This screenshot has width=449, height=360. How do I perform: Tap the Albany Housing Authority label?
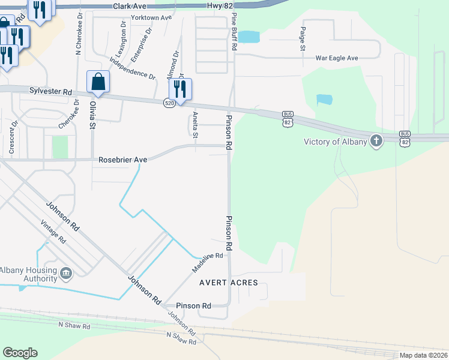(x=28, y=274)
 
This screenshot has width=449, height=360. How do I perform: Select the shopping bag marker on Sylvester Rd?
(x=98, y=82)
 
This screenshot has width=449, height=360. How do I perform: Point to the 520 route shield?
(x=169, y=103)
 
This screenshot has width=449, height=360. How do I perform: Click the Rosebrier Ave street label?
(x=122, y=160)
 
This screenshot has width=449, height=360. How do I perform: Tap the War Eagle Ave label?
(x=336, y=58)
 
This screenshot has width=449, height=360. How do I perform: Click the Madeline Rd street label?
(x=208, y=263)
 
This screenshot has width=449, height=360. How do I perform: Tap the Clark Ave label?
(x=130, y=5)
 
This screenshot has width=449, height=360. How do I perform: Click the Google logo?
(x=20, y=353)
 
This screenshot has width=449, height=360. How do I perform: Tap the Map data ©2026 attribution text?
(x=423, y=355)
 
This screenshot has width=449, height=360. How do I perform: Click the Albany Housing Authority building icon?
(x=66, y=274)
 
